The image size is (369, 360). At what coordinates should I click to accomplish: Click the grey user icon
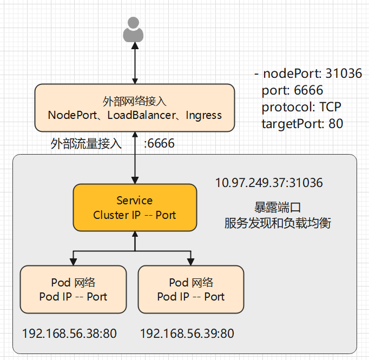(134, 30)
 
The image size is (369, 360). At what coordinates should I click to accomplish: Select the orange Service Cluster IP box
(135, 208)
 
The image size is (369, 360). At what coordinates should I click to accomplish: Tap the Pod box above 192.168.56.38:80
(73, 290)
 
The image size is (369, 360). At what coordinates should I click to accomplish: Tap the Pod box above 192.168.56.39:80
(191, 290)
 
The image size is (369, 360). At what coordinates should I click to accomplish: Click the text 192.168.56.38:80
(69, 334)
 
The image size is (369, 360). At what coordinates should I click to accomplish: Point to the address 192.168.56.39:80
(187, 334)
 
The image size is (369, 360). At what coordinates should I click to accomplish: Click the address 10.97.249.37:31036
(269, 183)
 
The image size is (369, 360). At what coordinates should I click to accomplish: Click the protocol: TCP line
(301, 107)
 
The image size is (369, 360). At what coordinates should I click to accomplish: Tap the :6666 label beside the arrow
(159, 144)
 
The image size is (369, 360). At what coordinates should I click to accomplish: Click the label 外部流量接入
(86, 144)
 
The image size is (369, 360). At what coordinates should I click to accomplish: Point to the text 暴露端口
(277, 208)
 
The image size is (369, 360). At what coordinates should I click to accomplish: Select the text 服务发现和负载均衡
(277, 223)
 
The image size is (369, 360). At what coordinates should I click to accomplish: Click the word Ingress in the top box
(204, 115)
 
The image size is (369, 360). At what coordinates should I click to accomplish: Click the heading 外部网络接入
(134, 101)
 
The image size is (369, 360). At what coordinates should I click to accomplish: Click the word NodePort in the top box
(71, 115)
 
